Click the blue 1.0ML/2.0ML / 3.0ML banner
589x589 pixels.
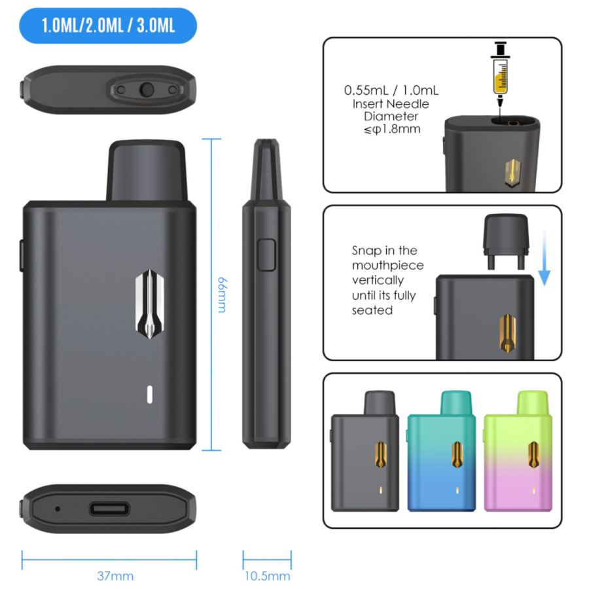tap(108, 26)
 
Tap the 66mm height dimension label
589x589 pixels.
tap(223, 295)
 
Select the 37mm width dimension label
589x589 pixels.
tap(115, 576)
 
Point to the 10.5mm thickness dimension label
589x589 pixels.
tap(267, 576)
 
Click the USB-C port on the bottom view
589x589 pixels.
tap(109, 509)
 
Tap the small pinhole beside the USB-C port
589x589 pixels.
tap(58, 509)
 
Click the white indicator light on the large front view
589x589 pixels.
tap(149, 395)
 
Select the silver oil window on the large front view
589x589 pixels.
tap(149, 304)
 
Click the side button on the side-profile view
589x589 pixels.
tap(266, 255)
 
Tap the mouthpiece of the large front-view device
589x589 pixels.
tap(147, 170)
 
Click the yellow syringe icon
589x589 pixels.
tap(501, 73)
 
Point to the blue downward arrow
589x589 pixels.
tap(544, 259)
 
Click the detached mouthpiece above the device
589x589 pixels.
tap(506, 241)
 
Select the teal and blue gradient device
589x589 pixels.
tap(441, 451)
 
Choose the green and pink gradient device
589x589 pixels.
tap(518, 451)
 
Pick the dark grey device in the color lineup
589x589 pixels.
tap(365, 451)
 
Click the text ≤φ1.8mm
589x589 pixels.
tap(392, 130)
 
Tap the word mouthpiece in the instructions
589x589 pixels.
tap(387, 266)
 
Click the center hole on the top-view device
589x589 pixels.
tap(147, 90)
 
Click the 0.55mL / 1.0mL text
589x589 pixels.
tap(391, 90)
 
